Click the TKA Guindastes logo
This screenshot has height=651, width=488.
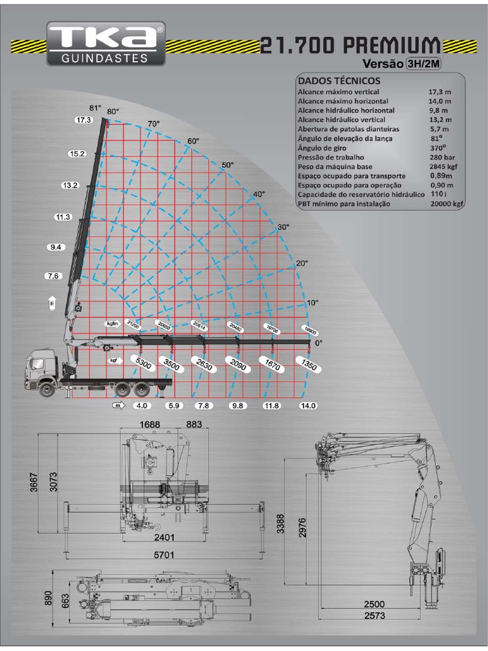coord(105,44)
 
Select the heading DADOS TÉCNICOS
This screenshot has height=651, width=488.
coord(339,81)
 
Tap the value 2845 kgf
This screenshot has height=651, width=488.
coord(443,167)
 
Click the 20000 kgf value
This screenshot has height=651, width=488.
coord(444,204)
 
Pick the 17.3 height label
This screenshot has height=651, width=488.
coord(83,120)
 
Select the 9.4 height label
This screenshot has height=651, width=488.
coord(57,247)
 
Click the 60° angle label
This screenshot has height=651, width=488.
coord(193,140)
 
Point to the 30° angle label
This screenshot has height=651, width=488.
coord(283,227)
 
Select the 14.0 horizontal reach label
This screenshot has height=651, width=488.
coord(308,406)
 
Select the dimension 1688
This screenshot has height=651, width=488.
coord(147,424)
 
